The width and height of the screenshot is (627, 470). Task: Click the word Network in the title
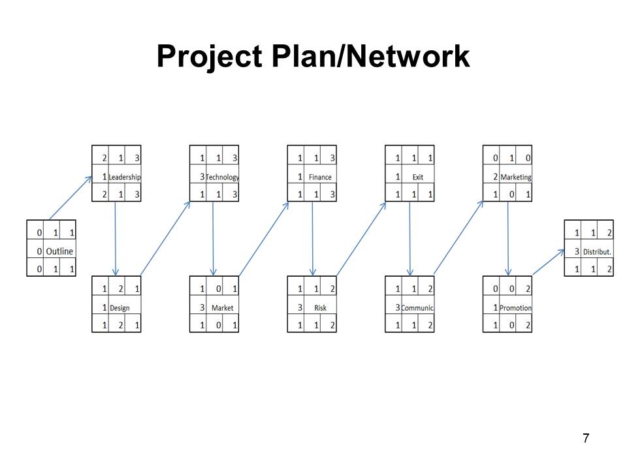click(x=408, y=57)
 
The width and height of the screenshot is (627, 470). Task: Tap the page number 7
click(x=586, y=438)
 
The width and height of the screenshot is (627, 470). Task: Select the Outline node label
click(x=59, y=251)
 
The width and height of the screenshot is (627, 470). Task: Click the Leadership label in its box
click(x=125, y=177)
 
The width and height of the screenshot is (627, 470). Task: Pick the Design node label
click(x=120, y=307)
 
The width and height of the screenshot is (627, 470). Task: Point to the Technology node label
click(x=223, y=177)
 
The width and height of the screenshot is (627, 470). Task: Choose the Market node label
click(x=223, y=307)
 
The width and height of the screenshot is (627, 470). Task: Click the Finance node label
click(x=320, y=177)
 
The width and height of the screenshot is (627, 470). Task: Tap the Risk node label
click(x=320, y=307)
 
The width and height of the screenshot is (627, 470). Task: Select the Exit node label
click(x=418, y=177)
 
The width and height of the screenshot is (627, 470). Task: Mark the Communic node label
click(x=418, y=307)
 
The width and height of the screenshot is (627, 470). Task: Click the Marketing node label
click(x=516, y=177)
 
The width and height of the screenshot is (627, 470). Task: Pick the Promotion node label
click(x=516, y=307)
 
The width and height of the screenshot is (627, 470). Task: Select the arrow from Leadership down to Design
click(x=116, y=238)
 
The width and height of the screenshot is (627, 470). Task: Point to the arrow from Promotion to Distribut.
click(x=549, y=262)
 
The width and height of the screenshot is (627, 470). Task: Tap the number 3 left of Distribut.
click(x=577, y=251)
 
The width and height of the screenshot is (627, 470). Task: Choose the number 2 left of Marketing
click(x=495, y=177)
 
